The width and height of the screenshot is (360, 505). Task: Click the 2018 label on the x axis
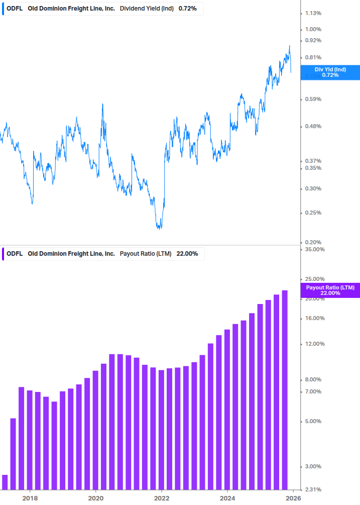coord(30,498)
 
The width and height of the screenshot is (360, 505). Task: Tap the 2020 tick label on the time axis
coord(96,498)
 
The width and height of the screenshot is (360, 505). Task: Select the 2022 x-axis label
coord(162,498)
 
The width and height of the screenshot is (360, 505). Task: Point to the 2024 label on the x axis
coord(227,498)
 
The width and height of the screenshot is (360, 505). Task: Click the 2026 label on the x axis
coord(293,498)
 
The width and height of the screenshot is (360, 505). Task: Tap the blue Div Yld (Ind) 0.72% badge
coord(330,72)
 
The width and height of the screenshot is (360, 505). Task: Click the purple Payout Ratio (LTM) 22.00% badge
coord(330,290)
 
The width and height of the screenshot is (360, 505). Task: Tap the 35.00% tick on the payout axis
coord(315,249)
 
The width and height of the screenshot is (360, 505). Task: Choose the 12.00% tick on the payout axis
coord(315,344)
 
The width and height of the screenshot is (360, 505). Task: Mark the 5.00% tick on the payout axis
coord(313,421)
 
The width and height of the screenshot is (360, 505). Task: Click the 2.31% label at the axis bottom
coord(313,489)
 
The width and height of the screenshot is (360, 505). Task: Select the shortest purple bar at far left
coord(5,482)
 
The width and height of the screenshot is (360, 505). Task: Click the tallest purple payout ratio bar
coord(285,389)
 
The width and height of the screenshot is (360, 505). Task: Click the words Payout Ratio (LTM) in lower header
coord(146,254)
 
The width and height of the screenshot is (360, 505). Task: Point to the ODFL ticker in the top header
coord(15,9)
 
